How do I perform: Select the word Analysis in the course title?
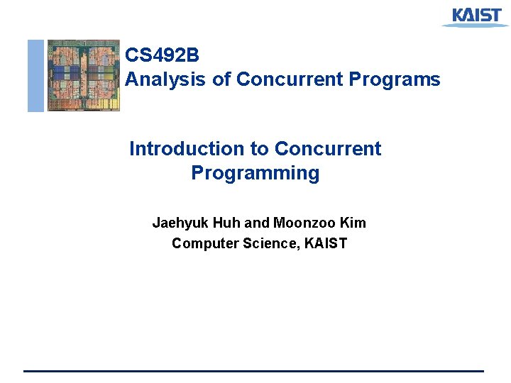[x=166, y=79]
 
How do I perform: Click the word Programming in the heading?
[x=255, y=173]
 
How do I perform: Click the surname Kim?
[x=353, y=223]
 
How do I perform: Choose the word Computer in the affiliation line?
[x=202, y=244]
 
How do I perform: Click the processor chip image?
[x=83, y=75]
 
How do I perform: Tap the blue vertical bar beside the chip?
[x=35, y=75]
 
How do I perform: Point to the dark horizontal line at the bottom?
[x=253, y=371]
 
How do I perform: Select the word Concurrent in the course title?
[x=290, y=79]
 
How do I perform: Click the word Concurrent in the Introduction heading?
[x=328, y=149]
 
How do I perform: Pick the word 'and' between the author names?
[x=257, y=223]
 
